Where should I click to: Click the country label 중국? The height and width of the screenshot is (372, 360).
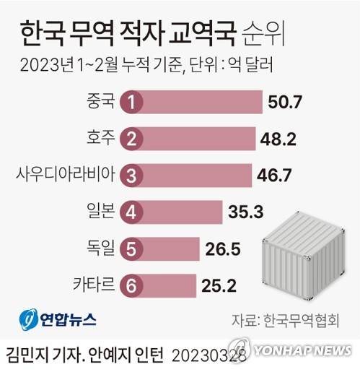pos(100,102)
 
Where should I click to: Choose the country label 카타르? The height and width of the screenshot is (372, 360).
pos(94,285)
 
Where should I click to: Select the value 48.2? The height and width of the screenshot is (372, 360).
pos(281,139)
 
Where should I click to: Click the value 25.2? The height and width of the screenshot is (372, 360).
pos(218,286)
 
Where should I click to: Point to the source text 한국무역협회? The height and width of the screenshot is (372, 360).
pos(301,319)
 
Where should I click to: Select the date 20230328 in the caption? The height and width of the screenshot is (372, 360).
pos(210,354)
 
